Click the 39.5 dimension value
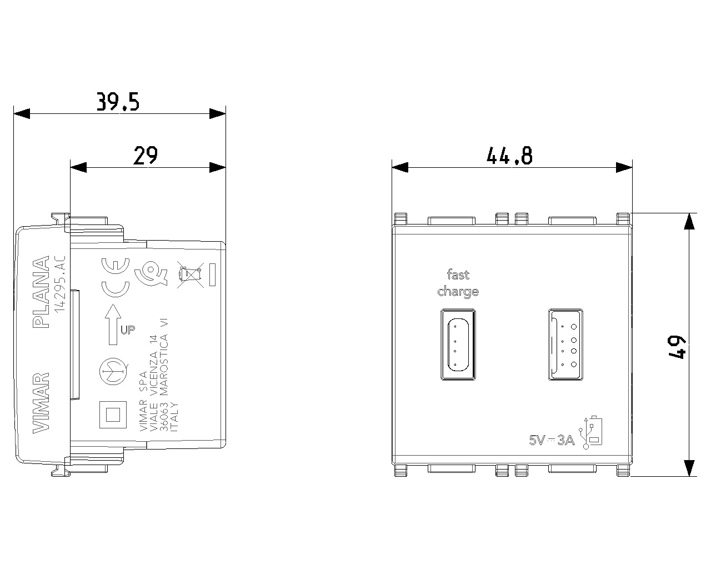(117, 102)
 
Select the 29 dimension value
(146, 156)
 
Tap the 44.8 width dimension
(509, 156)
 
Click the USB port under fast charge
(458, 345)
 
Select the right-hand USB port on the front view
(566, 345)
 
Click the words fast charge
(458, 283)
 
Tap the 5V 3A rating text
(552, 441)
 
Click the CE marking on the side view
(114, 278)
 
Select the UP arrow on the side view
(113, 323)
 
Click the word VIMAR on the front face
(42, 402)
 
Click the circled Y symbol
(113, 371)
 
